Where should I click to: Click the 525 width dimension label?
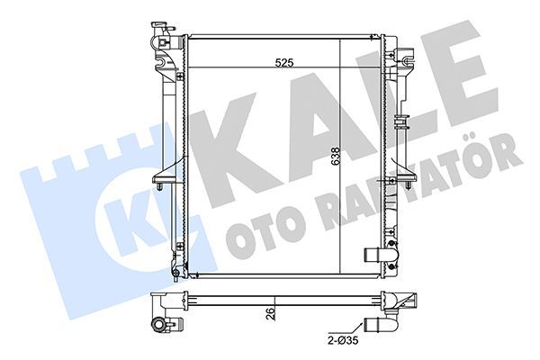coord(284,63)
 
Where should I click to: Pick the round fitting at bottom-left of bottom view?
coord(159,324)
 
